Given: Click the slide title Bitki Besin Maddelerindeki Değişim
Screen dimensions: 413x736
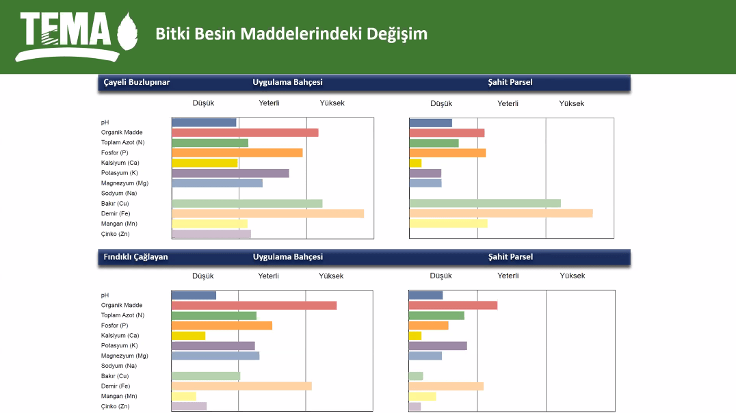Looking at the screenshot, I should tap(291, 34).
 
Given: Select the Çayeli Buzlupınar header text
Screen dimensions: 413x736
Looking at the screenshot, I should tap(137, 82).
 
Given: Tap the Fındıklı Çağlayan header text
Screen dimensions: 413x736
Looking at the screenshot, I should tap(135, 257).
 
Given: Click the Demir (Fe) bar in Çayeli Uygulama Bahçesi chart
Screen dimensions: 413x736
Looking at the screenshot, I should tap(267, 213).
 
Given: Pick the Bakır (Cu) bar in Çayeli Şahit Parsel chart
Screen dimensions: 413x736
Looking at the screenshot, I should tap(485, 203).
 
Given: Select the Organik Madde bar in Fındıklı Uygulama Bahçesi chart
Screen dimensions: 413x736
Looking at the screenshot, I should tap(254, 305).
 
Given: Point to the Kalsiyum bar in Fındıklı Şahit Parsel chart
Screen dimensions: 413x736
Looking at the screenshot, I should tap(415, 336).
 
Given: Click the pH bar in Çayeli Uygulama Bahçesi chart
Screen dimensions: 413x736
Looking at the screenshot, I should tap(204, 122).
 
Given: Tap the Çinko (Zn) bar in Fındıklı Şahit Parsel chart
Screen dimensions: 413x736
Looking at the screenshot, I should tap(415, 407).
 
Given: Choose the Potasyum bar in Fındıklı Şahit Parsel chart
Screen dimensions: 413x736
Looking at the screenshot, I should tap(438, 346).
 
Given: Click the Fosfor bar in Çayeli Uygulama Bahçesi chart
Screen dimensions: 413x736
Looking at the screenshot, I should tap(237, 152).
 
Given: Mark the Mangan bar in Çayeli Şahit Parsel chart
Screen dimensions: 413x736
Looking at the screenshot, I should tap(448, 223).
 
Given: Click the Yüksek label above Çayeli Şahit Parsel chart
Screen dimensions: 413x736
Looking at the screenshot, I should tap(572, 104).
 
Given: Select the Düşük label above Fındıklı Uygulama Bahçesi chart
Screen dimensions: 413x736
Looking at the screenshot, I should tap(203, 276).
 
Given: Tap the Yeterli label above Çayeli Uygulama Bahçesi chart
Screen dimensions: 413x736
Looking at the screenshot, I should tap(269, 103).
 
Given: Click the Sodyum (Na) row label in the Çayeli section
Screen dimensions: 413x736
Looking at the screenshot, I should tap(119, 194).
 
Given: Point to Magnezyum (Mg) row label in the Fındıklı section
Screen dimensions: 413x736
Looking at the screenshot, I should tap(124, 356).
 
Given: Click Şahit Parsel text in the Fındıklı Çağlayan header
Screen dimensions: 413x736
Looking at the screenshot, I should tap(510, 257).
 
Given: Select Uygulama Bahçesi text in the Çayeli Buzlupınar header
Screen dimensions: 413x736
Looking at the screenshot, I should tap(287, 82).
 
